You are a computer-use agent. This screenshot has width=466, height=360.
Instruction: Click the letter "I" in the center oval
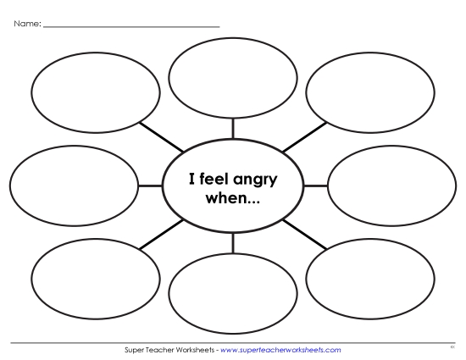[x=191, y=180]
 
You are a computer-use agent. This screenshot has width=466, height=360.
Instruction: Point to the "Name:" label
[x=26, y=24]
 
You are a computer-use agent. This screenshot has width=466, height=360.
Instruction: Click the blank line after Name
[x=131, y=26]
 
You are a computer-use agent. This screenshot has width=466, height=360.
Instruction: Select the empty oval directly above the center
[x=233, y=76]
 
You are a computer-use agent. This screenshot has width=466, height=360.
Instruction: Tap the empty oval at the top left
[x=95, y=91]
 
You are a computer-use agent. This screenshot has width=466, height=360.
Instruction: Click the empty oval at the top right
[x=369, y=91]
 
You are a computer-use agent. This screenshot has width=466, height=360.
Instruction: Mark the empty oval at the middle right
[x=391, y=185]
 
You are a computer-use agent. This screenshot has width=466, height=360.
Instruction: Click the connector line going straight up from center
[x=233, y=127]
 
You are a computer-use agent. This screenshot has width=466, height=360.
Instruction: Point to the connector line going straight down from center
[x=233, y=242]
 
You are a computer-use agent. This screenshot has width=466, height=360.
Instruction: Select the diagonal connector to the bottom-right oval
[x=304, y=233]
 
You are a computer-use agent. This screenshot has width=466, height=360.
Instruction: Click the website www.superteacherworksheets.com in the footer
[x=280, y=349]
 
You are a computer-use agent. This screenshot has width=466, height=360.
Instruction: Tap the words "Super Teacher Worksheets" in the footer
[x=169, y=349]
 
